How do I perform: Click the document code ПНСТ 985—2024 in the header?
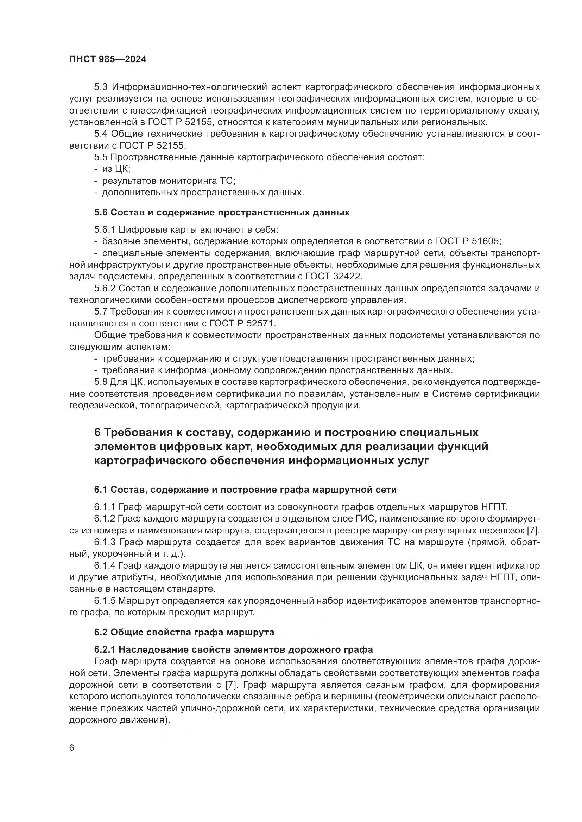[108, 59]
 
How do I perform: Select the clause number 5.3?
[101, 87]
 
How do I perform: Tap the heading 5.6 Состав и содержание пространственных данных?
[222, 212]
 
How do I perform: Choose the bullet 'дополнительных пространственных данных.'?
[203, 193]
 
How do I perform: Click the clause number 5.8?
[101, 382]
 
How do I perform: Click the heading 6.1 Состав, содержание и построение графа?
[245, 490]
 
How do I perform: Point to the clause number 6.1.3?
[105, 542]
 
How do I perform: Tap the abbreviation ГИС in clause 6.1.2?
[379, 519]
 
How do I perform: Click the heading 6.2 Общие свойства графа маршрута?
[184, 632]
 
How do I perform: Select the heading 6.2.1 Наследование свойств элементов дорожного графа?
[233, 649]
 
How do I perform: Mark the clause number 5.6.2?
[105, 288]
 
